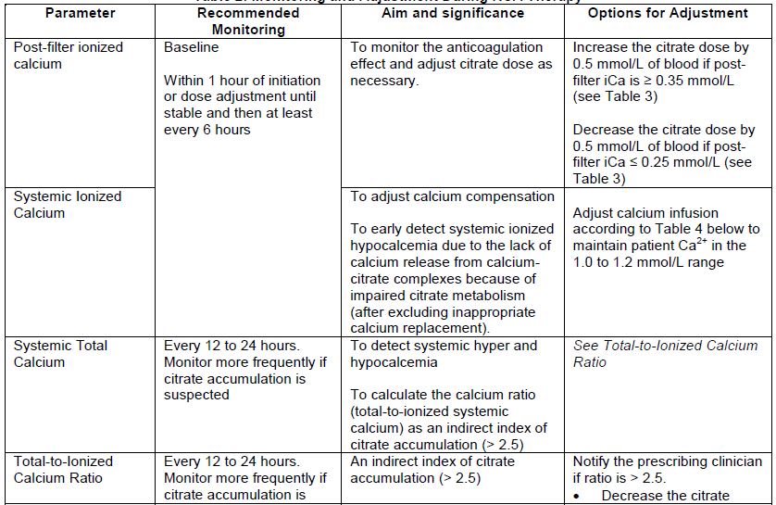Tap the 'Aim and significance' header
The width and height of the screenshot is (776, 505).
(452, 13)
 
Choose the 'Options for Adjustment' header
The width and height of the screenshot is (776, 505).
(668, 13)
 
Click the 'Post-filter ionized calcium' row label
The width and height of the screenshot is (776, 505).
(68, 55)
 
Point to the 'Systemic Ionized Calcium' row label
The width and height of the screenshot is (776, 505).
(68, 204)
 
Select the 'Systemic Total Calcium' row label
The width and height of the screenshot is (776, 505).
(60, 353)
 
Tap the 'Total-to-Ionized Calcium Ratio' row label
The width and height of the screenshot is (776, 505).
(63, 469)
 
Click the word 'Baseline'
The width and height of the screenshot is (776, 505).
(192, 46)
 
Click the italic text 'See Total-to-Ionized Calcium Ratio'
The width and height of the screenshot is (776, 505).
(665, 353)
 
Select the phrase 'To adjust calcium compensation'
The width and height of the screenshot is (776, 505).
(452, 196)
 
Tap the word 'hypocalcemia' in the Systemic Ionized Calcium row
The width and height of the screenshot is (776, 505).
(394, 246)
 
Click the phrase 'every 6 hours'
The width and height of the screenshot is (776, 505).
(207, 130)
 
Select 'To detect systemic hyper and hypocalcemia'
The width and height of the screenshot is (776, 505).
(444, 353)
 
